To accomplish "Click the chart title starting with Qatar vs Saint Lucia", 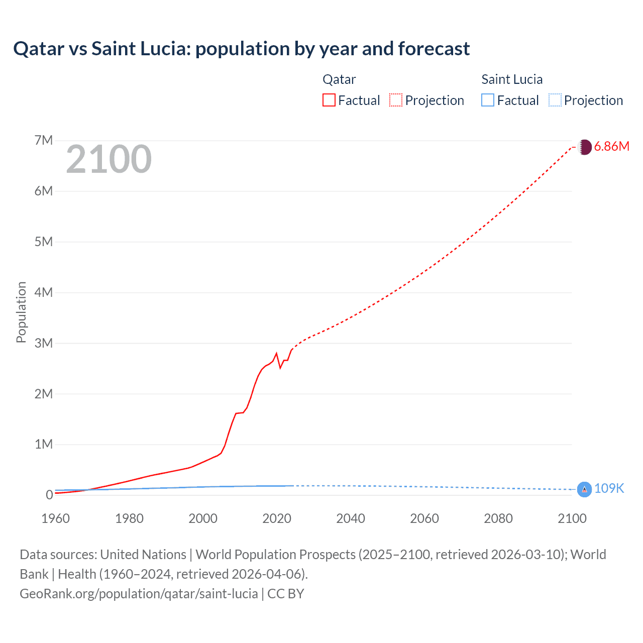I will click(x=241, y=49).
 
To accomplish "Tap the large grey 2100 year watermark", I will click(x=109, y=159).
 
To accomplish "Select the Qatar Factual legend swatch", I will click(x=329, y=100).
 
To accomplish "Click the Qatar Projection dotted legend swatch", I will click(x=396, y=100).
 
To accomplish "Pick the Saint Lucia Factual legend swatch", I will click(x=488, y=100).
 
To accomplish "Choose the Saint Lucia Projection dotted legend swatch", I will click(x=555, y=100).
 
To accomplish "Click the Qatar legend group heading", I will click(x=339, y=79).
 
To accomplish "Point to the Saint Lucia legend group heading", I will click(x=512, y=79).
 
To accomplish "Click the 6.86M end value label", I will click(x=611, y=146).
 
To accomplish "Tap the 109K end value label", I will click(x=609, y=488).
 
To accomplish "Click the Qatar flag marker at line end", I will click(x=584, y=147).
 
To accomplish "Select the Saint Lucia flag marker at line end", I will click(x=584, y=489).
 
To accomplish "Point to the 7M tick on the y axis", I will click(x=44, y=140).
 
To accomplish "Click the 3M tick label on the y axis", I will click(x=44, y=343).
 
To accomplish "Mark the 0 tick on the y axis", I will click(x=49, y=495).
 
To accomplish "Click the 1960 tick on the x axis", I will click(x=55, y=518).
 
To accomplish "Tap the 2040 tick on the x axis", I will click(x=351, y=518).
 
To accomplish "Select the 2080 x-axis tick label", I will click(x=498, y=518).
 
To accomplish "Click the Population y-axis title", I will click(x=21, y=312).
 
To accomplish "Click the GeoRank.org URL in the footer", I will click(x=139, y=594).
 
